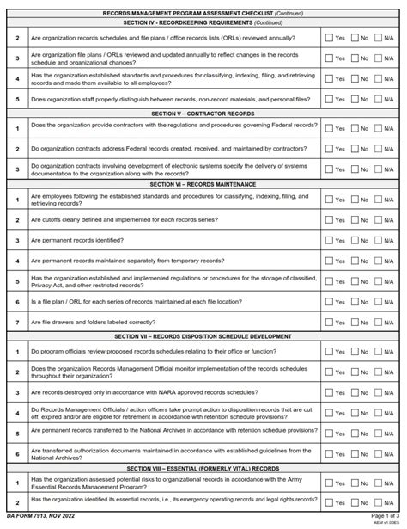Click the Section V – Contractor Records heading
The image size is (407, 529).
[x=203, y=114]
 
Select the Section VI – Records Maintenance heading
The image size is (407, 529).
[x=203, y=184]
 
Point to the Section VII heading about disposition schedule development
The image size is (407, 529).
[x=203, y=336]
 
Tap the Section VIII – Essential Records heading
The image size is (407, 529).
[x=203, y=468]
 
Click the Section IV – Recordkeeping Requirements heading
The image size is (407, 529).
[x=203, y=23]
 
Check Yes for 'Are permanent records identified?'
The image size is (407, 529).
[x=329, y=242]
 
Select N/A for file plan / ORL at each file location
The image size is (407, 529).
[x=379, y=303]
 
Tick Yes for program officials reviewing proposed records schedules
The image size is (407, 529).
[x=329, y=352]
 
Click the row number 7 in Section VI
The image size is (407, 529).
[x=16, y=323]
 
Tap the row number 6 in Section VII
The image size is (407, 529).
[x=16, y=454]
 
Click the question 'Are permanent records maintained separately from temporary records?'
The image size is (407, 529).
[x=128, y=261]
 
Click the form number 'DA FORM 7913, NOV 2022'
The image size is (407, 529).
[x=39, y=514]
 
